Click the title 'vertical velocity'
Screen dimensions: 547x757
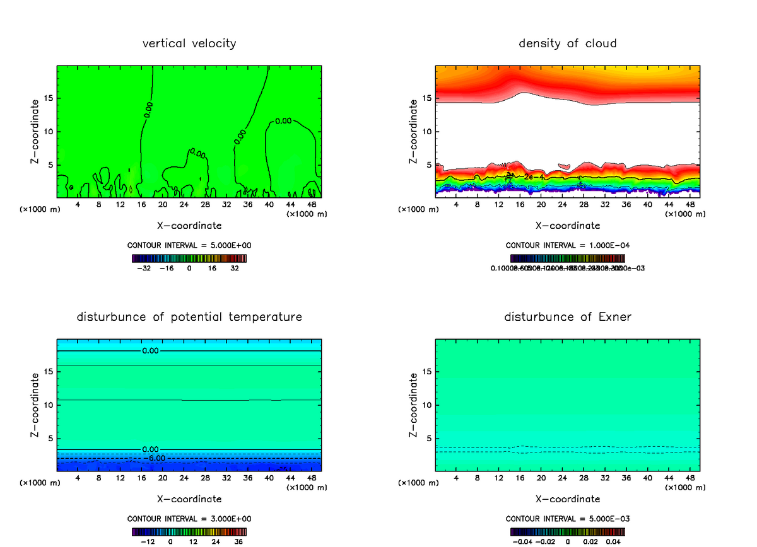pos(189,43)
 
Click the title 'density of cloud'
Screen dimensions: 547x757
pos(568,43)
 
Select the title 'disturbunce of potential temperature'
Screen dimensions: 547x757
pos(189,316)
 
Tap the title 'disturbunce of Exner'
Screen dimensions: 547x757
pos(568,316)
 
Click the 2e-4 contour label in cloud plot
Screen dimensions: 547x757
pos(534,177)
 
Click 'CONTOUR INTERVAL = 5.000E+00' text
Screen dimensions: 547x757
pos(189,245)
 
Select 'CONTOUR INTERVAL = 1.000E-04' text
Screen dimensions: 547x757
pos(568,245)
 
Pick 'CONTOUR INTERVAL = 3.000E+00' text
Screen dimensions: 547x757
pos(189,519)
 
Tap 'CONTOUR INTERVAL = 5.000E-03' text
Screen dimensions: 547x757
pos(568,519)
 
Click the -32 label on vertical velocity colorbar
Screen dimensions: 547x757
pos(144,268)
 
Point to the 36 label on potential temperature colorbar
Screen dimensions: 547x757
pos(238,541)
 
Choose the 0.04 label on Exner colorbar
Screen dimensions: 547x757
pos(612,541)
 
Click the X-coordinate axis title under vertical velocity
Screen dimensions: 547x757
pos(189,225)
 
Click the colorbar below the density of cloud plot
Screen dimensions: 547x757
pos(568,258)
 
